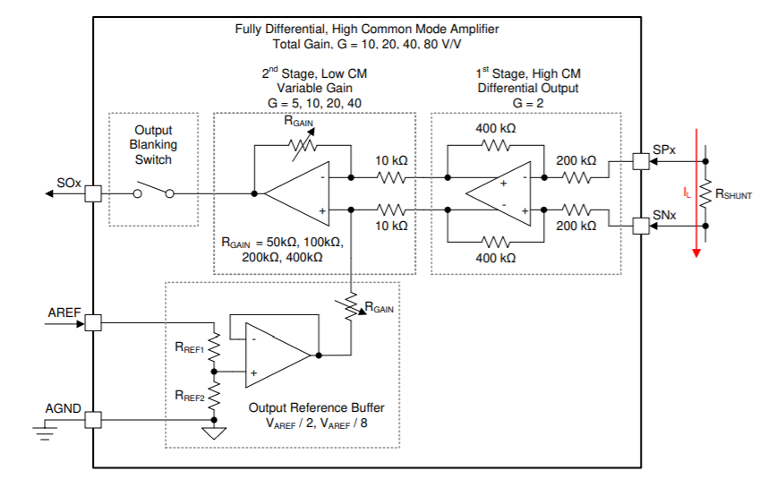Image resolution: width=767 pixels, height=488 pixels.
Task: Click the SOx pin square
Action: pos(92,193)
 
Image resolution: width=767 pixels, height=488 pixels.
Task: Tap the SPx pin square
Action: pos(640,162)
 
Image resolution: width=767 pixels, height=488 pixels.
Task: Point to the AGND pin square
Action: pos(92,419)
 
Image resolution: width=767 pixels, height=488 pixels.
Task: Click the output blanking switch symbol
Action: pos(153,192)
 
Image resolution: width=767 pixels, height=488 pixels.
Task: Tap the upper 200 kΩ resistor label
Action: pos(575,161)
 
